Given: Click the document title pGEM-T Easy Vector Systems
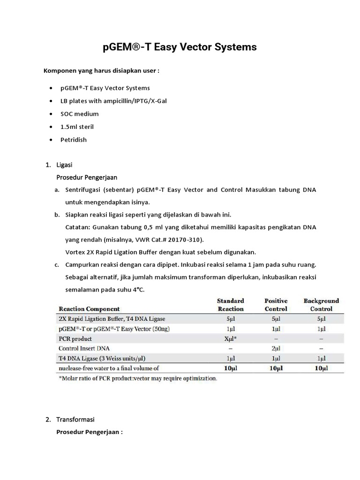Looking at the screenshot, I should (x=180, y=47).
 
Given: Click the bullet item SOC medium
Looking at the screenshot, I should (x=79, y=114).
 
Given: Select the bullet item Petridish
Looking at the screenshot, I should (x=74, y=140).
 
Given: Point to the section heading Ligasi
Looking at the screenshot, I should (x=64, y=165).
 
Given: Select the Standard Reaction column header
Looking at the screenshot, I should (x=230, y=305).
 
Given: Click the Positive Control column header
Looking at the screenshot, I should (x=276, y=305).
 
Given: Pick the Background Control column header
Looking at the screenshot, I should (x=321, y=305).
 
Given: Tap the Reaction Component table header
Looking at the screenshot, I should (x=89, y=309).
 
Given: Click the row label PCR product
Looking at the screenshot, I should (x=75, y=338).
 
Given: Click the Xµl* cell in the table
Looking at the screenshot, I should (x=230, y=338).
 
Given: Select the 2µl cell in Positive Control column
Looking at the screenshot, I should (x=276, y=348).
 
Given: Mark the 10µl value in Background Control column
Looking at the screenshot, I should (x=321, y=368).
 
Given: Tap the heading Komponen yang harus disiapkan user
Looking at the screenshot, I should (x=102, y=71).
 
